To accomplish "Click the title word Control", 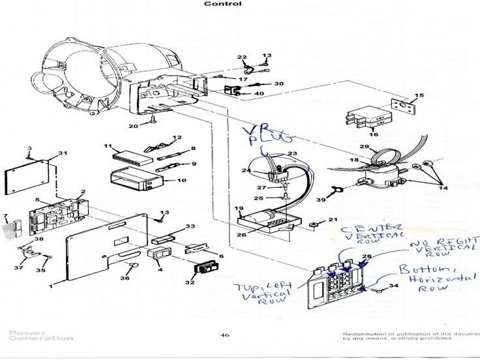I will tap(223, 4).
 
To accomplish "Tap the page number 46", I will tap(224, 336).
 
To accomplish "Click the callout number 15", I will tap(419, 96).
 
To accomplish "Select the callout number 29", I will tap(365, 147).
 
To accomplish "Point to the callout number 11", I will tap(108, 145).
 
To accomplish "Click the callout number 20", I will tap(134, 126).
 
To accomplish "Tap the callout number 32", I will tap(190, 282).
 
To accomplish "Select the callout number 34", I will tap(393, 285).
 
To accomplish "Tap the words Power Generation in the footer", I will tap(41, 335).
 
